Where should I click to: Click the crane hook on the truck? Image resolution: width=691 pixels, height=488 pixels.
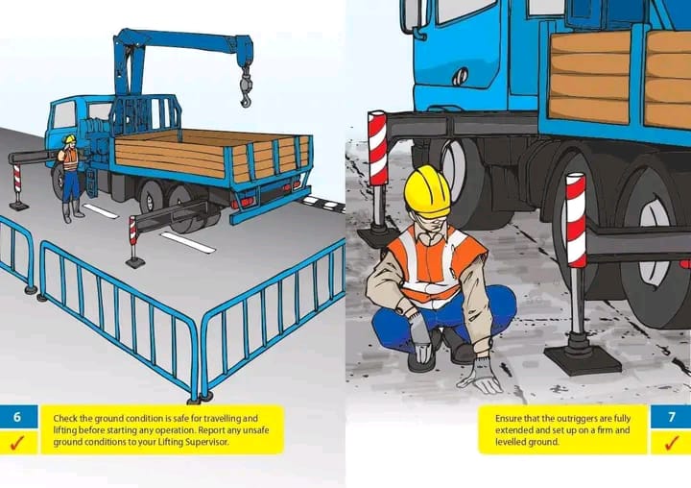tap(246, 91)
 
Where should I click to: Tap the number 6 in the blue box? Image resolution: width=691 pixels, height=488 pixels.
tap(17, 417)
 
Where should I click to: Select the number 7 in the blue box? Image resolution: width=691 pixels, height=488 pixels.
tap(672, 417)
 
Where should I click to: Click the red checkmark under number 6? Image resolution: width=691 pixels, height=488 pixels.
tap(17, 443)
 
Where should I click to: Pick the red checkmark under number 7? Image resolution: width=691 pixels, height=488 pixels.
tap(672, 443)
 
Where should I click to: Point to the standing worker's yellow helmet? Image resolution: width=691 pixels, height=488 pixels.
tap(70, 139)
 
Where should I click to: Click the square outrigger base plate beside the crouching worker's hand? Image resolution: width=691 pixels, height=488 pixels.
tap(583, 359)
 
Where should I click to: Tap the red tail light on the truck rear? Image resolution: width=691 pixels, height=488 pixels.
tap(248, 201)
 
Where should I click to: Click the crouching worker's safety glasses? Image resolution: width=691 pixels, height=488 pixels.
tap(429, 218)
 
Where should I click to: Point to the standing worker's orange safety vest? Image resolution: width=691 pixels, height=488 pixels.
tap(70, 159)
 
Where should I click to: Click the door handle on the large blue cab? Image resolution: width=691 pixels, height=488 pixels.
tap(460, 76)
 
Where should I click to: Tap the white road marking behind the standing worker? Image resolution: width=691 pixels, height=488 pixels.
tap(101, 211)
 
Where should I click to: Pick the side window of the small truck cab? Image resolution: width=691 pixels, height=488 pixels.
tap(65, 115)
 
